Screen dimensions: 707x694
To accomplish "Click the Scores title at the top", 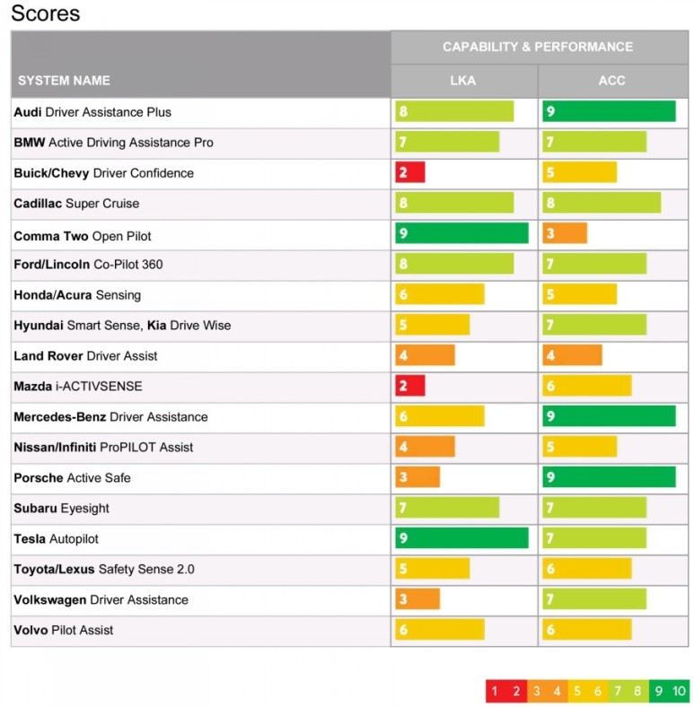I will point(45,13).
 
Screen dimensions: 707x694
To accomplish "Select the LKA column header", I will point(463,81).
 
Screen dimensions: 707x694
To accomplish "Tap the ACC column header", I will point(611,81).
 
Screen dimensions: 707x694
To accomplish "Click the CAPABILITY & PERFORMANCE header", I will point(537,47).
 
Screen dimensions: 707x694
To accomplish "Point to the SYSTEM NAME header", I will point(64,81).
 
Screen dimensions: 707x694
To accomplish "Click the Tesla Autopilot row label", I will point(56,539).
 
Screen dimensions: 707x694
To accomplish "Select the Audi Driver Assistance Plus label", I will point(92,112).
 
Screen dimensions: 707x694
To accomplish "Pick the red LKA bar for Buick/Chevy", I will point(409,172).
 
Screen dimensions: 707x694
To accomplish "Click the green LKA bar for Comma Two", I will point(461,233).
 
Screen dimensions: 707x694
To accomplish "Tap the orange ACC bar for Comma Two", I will point(565,233).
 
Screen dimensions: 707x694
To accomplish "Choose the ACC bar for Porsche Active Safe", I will point(609,477).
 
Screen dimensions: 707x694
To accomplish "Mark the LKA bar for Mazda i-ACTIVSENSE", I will point(409,386).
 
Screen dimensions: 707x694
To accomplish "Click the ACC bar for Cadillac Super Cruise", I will point(602,203).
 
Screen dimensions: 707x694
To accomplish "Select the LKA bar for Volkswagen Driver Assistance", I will point(417,599).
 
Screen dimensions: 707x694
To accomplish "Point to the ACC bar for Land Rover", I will point(572,355).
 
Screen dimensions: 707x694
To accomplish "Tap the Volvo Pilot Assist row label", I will point(64,631).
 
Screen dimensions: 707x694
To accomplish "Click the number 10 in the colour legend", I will point(679,691).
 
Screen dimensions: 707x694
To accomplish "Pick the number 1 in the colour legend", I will point(493,691).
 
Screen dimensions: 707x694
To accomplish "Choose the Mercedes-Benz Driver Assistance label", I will point(110,417).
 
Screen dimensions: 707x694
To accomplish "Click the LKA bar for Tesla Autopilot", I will point(461,538).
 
